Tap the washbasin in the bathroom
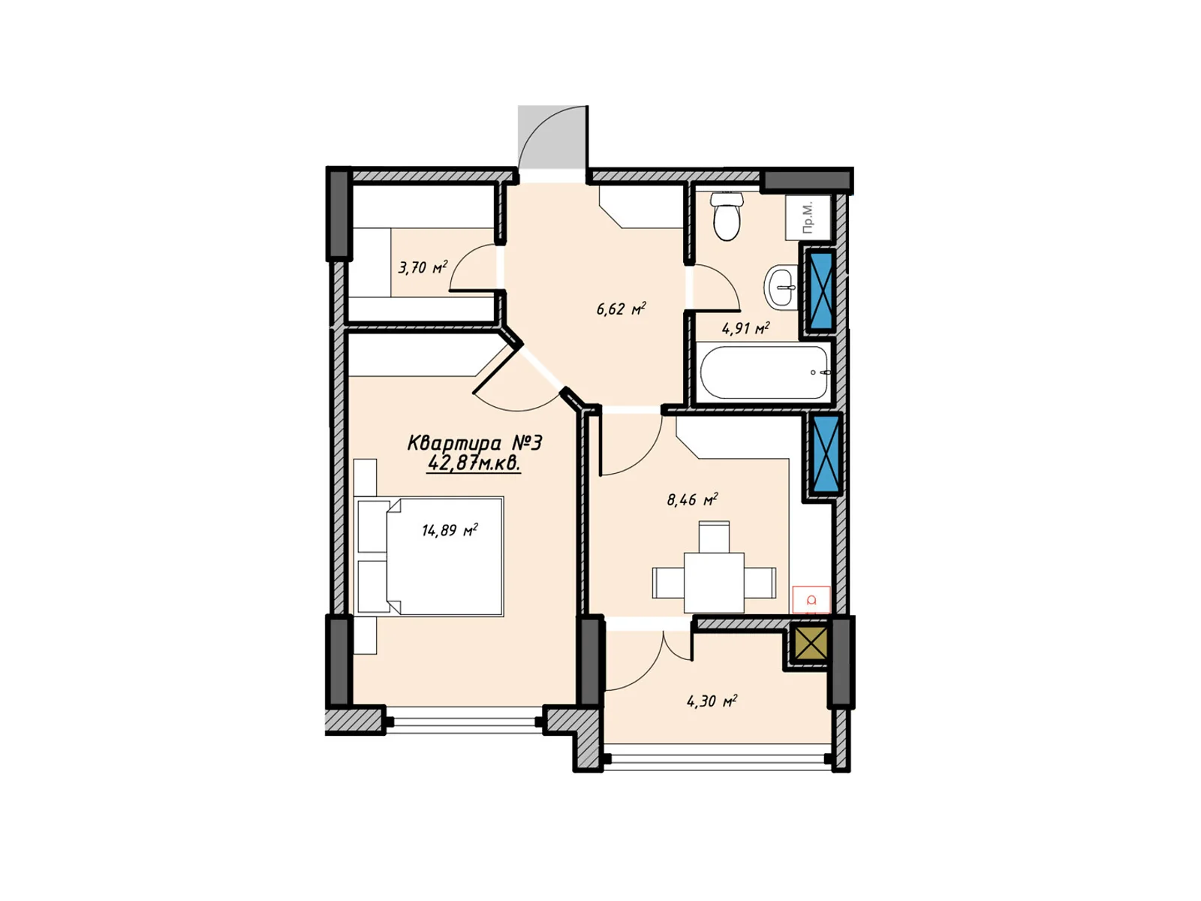pyautogui.click(x=781, y=288)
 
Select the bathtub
pyautogui.click(x=764, y=372)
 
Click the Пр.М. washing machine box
pyautogui.click(x=808, y=217)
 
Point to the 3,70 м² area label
pyautogui.click(x=423, y=267)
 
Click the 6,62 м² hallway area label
pyautogui.click(x=621, y=309)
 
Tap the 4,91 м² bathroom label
pyautogui.click(x=746, y=328)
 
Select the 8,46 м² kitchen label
pyautogui.click(x=692, y=499)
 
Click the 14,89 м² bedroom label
pyautogui.click(x=449, y=530)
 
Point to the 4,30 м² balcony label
pyautogui.click(x=712, y=701)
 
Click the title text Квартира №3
pyautogui.click(x=474, y=442)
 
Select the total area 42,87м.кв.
pyautogui.click(x=474, y=463)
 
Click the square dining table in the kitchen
pyautogui.click(x=714, y=583)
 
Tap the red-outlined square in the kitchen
pyautogui.click(x=811, y=600)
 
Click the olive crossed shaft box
pyautogui.click(x=811, y=643)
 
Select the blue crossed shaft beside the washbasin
pyautogui.click(x=820, y=290)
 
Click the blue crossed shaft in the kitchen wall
pyautogui.click(x=826, y=454)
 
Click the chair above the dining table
pyautogui.click(x=714, y=537)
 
